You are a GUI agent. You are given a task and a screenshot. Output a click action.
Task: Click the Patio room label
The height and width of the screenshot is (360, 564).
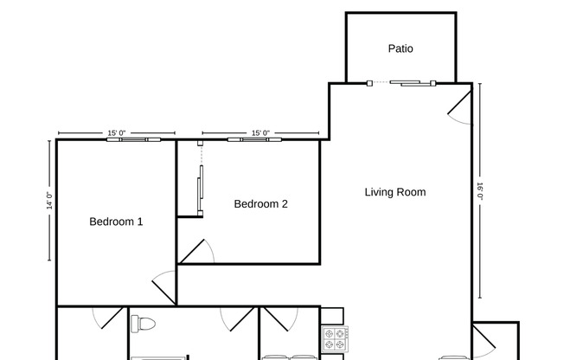(400, 48)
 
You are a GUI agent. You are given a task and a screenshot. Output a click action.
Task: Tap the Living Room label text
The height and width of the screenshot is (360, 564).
(394, 192)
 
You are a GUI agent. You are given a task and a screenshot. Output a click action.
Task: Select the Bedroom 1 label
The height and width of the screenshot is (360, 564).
(116, 222)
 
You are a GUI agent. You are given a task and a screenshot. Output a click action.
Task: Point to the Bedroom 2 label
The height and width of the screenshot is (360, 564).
(260, 204)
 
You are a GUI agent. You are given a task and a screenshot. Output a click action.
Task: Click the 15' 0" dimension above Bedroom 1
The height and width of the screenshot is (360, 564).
(117, 133)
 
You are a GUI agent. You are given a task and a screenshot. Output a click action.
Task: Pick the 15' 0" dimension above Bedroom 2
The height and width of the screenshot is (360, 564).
(260, 133)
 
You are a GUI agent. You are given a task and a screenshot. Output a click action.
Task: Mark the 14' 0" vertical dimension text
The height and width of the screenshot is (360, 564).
(49, 200)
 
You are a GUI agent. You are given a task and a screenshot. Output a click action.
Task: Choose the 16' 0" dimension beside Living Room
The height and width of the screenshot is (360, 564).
(480, 190)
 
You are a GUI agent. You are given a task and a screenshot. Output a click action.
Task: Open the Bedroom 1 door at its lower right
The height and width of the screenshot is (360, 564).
(164, 286)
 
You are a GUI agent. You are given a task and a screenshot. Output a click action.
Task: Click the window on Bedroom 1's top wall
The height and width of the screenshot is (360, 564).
(133, 138)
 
